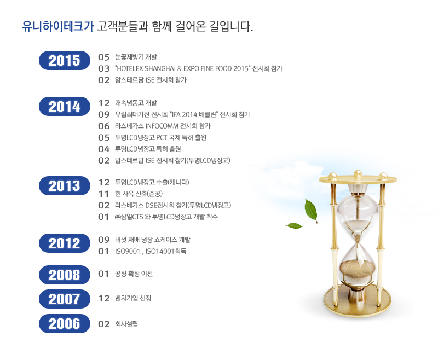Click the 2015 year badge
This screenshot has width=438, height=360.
(x=65, y=61)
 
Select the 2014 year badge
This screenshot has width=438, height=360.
(x=65, y=107)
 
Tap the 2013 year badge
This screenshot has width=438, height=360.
(x=65, y=186)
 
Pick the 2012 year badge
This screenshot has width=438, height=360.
(x=65, y=243)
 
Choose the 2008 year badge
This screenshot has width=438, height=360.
(x=65, y=275)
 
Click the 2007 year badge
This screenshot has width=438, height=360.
(x=65, y=299)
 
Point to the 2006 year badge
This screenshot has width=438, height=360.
(x=65, y=324)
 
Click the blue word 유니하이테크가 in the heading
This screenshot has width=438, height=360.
(x=58, y=26)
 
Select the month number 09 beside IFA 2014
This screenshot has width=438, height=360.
(x=103, y=114)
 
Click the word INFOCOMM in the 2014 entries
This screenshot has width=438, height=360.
(x=162, y=126)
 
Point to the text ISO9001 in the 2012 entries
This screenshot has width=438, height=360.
(x=128, y=252)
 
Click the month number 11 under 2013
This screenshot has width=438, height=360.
(x=103, y=194)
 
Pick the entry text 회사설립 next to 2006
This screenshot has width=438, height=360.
(x=126, y=324)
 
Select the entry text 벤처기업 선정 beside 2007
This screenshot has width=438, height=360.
(x=133, y=298)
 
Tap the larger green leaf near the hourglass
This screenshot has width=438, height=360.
(x=311, y=210)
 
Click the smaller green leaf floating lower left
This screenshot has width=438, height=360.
(x=294, y=225)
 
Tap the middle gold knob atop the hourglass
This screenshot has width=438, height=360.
(x=358, y=173)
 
